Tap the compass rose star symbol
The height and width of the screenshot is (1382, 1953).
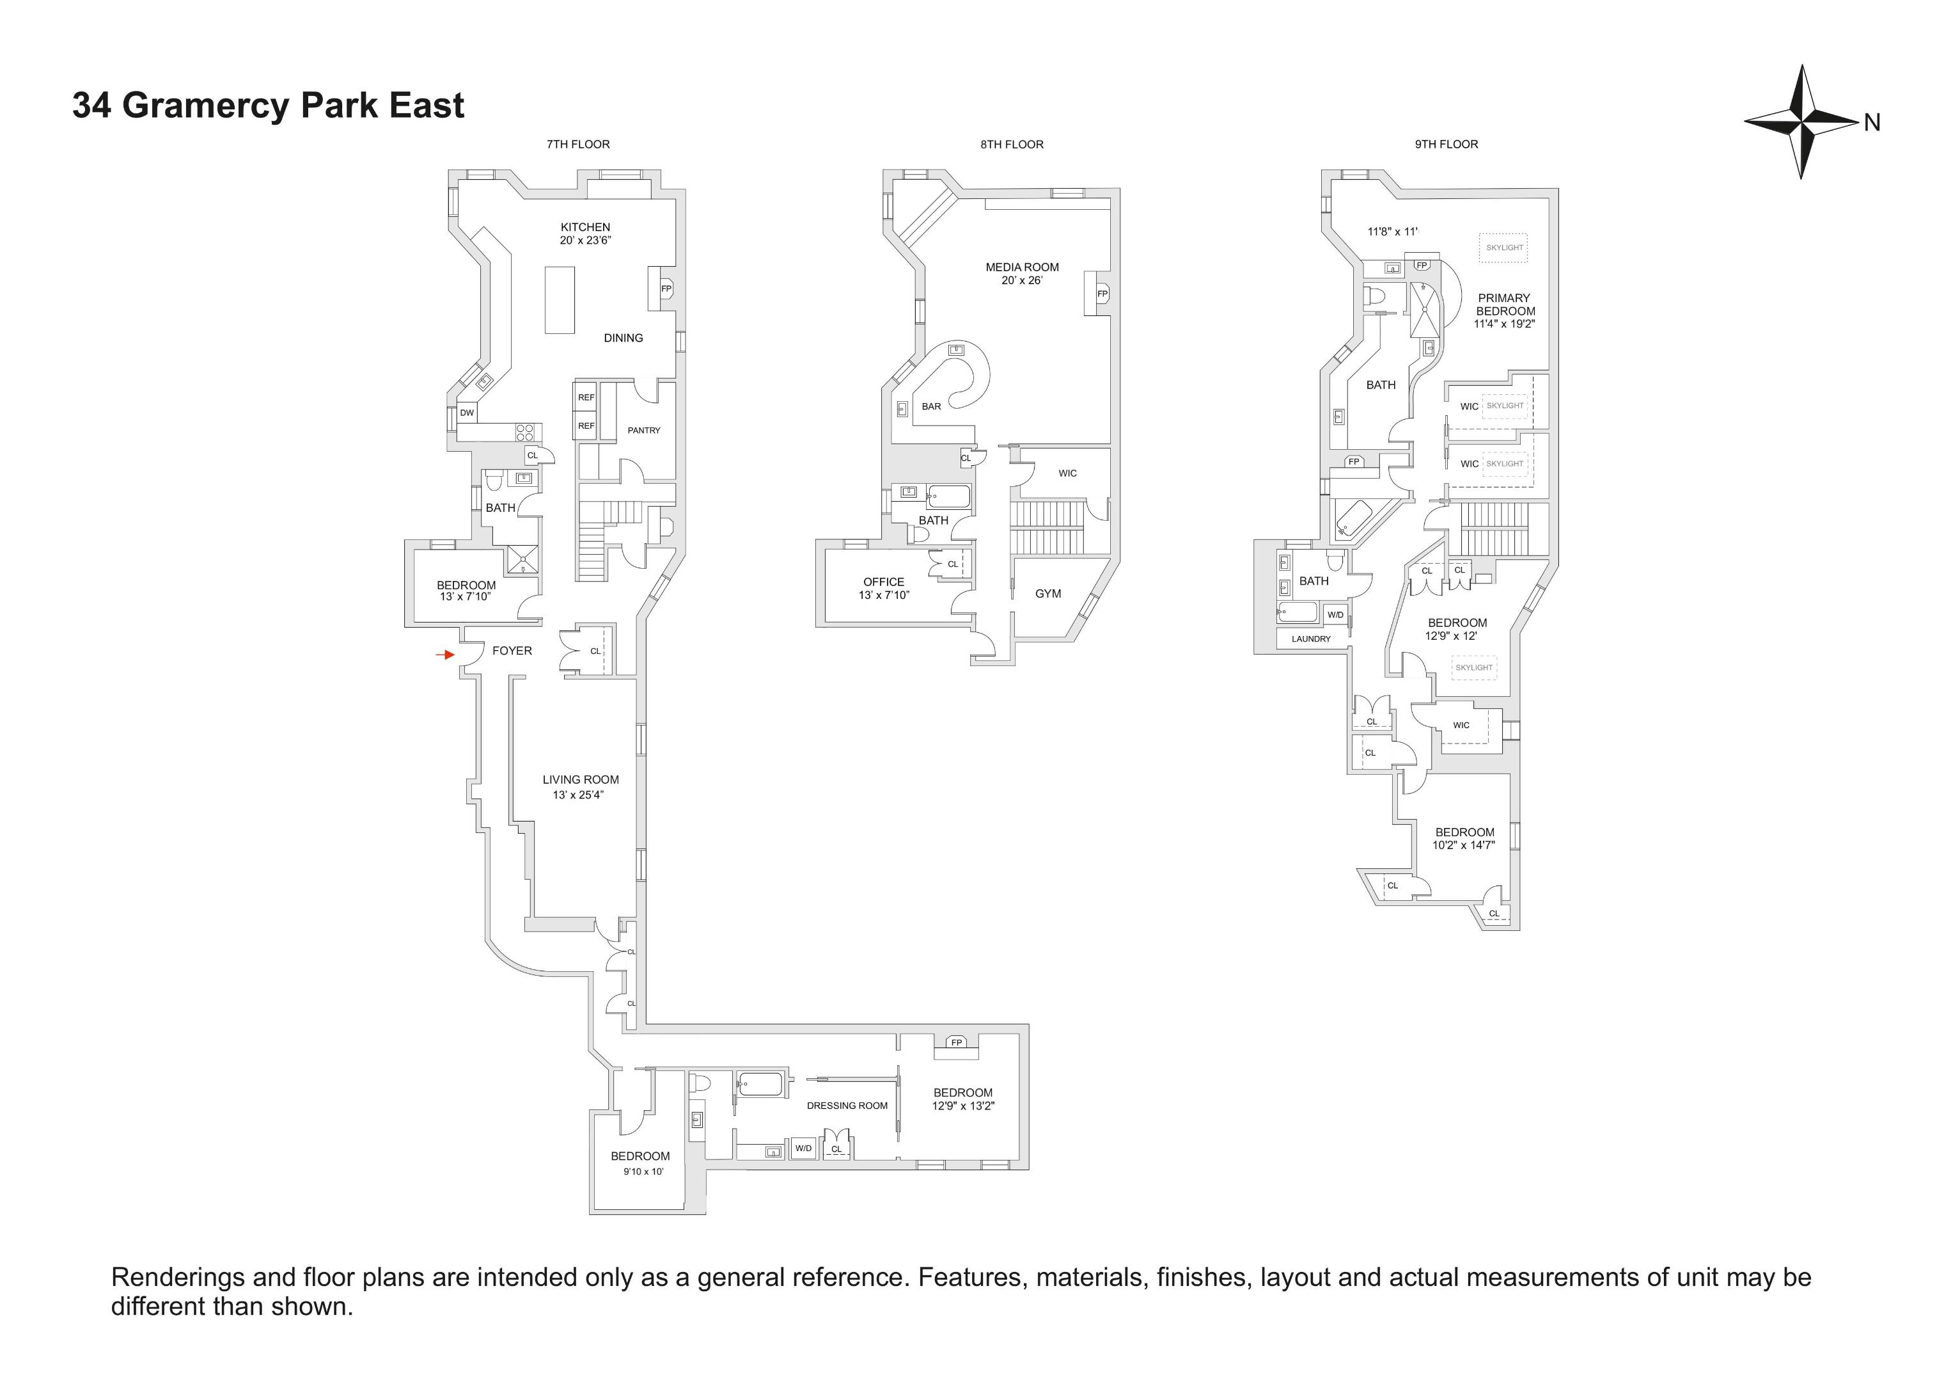click(1800, 122)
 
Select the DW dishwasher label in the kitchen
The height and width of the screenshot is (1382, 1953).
click(467, 413)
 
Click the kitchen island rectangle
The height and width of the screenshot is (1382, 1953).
click(559, 299)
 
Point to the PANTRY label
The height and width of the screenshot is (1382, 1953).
click(644, 431)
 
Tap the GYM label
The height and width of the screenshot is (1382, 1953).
click(1048, 594)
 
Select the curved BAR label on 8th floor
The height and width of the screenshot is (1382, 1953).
click(932, 407)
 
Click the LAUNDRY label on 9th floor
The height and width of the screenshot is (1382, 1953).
click(1311, 639)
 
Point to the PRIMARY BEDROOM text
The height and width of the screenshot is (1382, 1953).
click(1505, 305)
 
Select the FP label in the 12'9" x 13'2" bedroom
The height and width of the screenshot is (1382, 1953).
click(956, 1042)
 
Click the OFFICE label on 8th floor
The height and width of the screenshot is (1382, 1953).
click(883, 582)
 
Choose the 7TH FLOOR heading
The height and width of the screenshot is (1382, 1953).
click(577, 145)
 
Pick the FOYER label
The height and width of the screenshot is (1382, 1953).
click(512, 651)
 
